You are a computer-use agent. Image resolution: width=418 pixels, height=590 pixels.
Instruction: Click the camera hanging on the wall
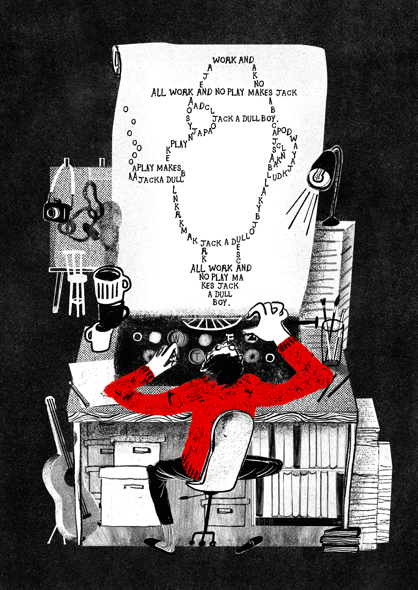pyautogui.click(x=56, y=211)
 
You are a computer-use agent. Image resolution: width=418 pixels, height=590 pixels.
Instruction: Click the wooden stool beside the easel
pyautogui.click(x=75, y=283)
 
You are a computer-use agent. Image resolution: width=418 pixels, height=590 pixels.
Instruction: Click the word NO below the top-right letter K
pyautogui.click(x=259, y=84)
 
